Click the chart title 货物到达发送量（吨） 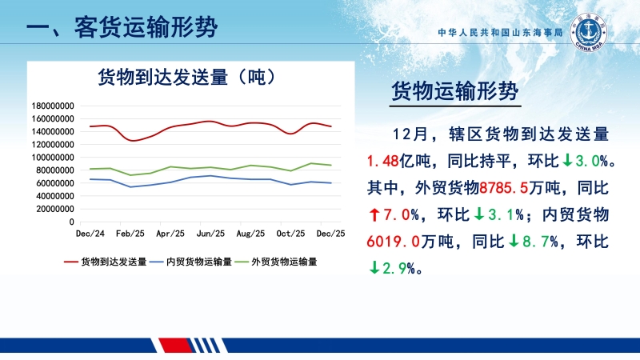coord(187,78)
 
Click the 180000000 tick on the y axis coord(52,106)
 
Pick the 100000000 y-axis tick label coord(52,158)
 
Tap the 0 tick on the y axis coord(71,222)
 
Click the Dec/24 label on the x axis coord(89,234)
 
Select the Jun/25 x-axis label coord(210,234)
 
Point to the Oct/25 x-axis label coord(290,234)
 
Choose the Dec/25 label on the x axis coord(330,234)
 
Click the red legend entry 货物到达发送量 coord(113,262)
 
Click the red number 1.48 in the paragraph coord(382,162)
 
